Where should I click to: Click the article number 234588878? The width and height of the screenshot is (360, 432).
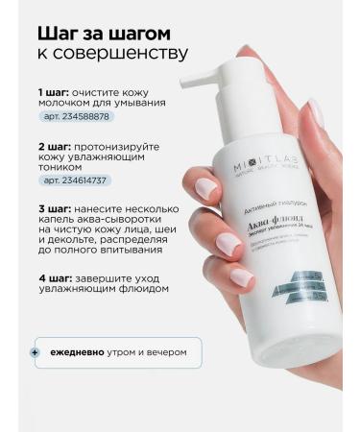coord(78,116)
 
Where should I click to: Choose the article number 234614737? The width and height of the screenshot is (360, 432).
coord(78,179)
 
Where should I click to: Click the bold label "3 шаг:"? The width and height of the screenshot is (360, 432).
coord(52,209)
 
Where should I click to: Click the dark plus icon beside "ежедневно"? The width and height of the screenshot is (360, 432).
coord(36,352)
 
